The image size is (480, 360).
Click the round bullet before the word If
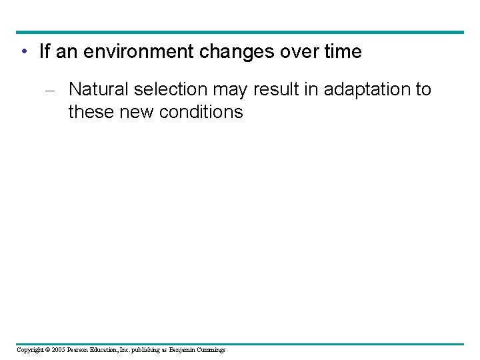23,53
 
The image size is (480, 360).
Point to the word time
341,52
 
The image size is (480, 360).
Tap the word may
230,89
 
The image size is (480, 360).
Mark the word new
136,112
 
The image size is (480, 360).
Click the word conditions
201,112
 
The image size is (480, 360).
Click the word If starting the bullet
45,52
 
